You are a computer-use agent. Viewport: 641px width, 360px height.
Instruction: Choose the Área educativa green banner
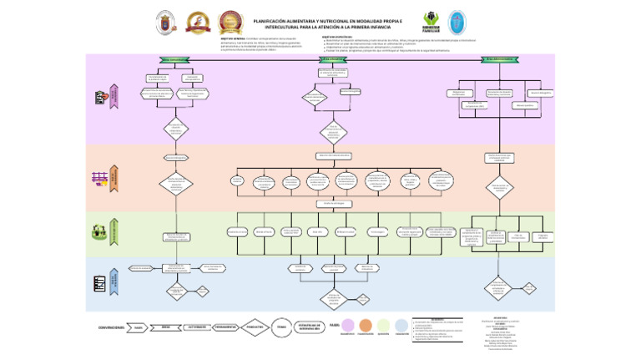(332, 59)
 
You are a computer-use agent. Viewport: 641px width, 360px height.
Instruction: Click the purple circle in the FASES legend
(346, 326)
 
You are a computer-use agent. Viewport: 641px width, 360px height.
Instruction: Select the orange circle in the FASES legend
(366, 326)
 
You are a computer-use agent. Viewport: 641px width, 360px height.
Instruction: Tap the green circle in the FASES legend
(383, 326)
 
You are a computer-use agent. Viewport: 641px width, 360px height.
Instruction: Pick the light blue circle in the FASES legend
(401, 326)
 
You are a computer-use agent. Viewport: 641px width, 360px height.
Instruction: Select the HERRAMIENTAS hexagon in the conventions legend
(225, 327)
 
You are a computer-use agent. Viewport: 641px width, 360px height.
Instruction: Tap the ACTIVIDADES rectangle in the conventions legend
(196, 327)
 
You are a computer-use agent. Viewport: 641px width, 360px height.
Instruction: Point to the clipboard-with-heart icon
(101, 98)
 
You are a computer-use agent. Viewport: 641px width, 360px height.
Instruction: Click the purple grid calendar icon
(100, 177)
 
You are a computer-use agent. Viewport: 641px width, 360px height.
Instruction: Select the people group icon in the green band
(101, 231)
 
